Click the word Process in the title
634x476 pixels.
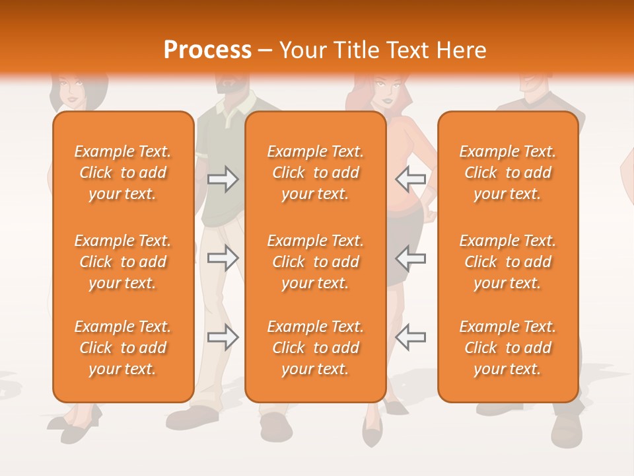coord(207,50)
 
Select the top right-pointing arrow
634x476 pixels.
coord(223,178)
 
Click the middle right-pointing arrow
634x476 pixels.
coord(223,258)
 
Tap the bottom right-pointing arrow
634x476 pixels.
coord(223,337)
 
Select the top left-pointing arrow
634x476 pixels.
coord(411,178)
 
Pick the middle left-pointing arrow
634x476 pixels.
coord(411,258)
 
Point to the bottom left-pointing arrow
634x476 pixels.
coord(411,337)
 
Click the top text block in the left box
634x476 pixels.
coord(123,173)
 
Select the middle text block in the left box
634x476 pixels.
coord(123,262)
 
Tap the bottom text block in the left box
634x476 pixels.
coord(123,348)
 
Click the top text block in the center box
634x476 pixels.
coord(315,173)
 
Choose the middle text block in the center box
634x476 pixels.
coord(315,262)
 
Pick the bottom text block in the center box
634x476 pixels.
coord(315,348)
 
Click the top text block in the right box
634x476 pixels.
coord(507,173)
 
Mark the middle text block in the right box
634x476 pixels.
coord(507,262)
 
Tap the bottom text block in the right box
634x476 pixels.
coord(507,348)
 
